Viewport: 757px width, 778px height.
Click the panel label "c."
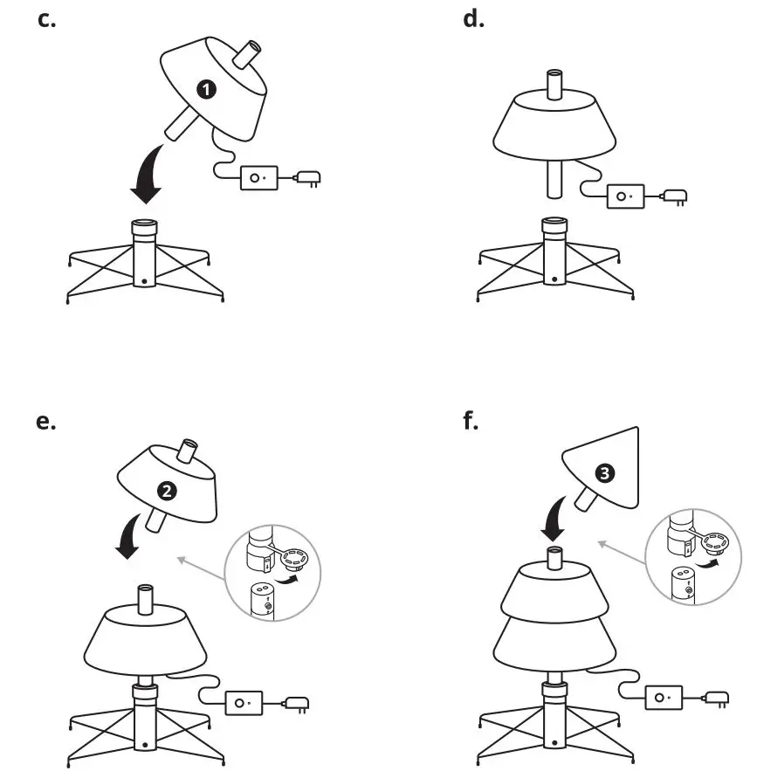coord(47,19)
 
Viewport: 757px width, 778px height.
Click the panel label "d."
coord(472,19)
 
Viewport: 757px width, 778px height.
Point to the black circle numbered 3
coord(603,473)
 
